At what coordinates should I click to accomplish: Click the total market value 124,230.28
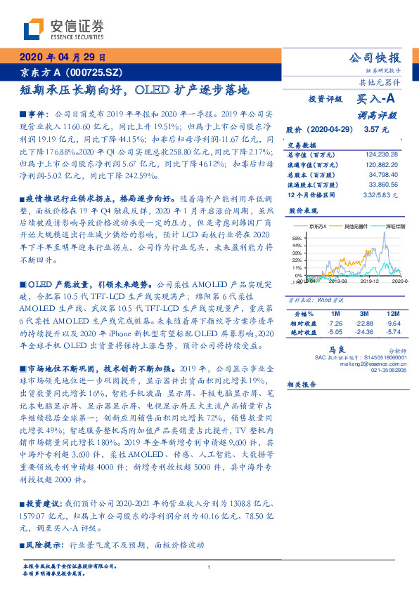pos(382,154)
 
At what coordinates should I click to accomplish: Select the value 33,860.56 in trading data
pos(384,184)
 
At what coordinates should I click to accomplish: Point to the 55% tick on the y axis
pos(296,239)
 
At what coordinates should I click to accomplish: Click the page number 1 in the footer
pos(209,568)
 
